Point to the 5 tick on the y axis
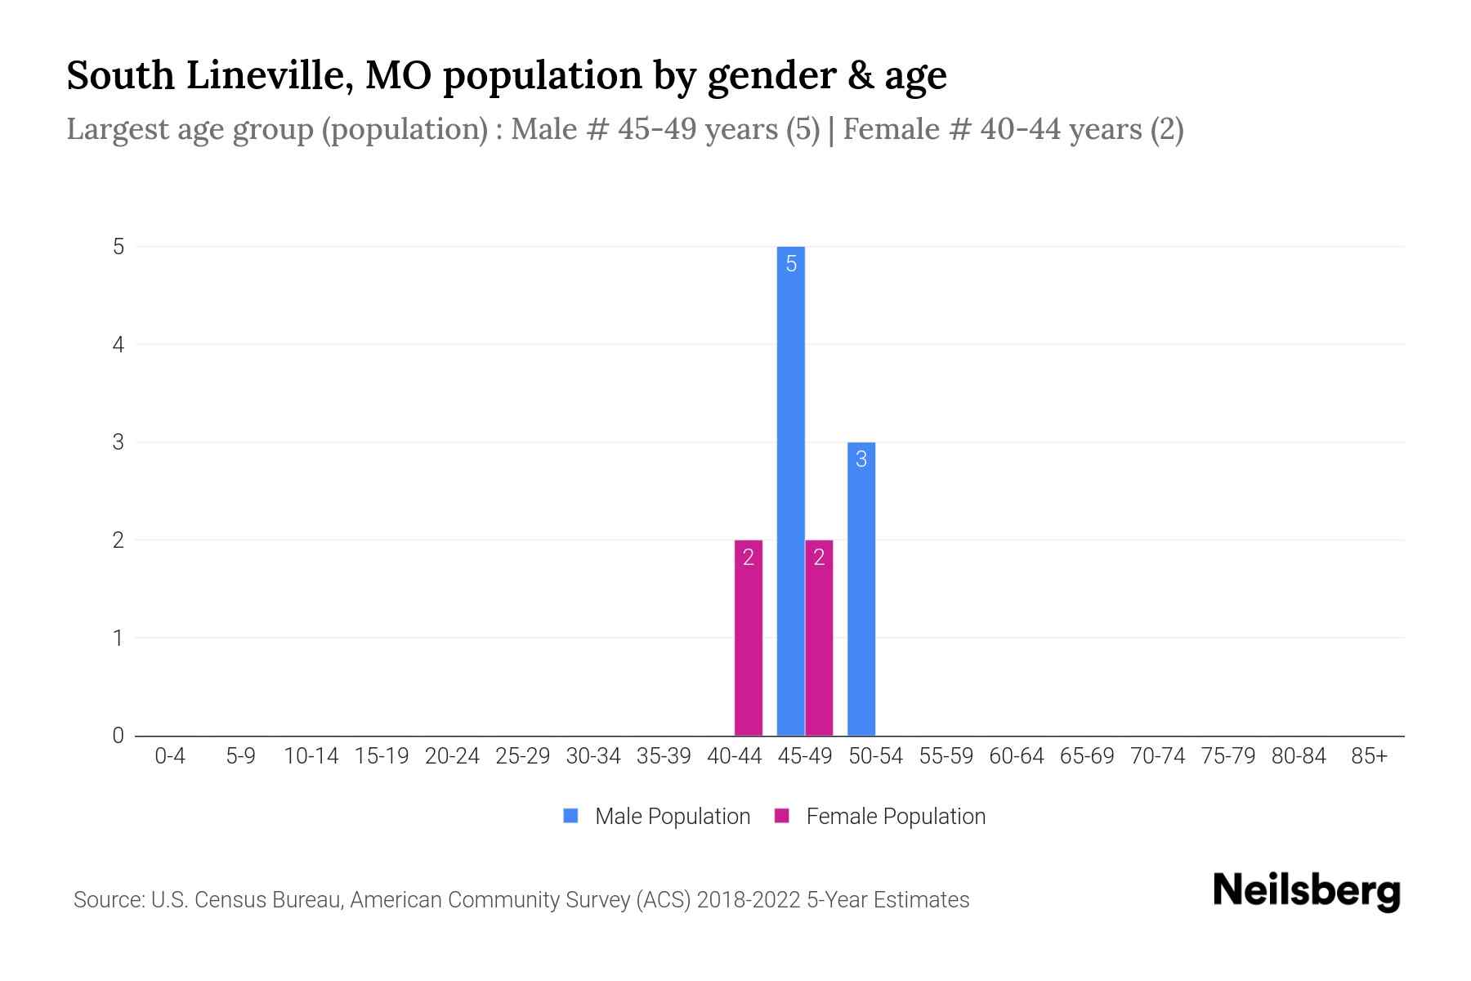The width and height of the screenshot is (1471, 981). tap(118, 247)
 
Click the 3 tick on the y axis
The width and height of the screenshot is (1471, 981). tap(118, 442)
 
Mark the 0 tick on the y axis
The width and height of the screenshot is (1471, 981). tap(118, 736)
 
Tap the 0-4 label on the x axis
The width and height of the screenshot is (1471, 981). tap(170, 756)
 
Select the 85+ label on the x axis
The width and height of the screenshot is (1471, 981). tap(1369, 756)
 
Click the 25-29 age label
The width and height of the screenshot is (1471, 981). tap(523, 756)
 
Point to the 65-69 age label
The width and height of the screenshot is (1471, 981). tap(1087, 756)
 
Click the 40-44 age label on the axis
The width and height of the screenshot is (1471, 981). tap(735, 756)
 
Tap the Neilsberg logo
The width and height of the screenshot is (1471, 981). tap(1306, 891)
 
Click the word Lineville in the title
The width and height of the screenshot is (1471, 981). tap(270, 76)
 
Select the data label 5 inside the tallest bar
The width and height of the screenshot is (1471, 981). tap(791, 264)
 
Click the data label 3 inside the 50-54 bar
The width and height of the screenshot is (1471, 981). tap(861, 459)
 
